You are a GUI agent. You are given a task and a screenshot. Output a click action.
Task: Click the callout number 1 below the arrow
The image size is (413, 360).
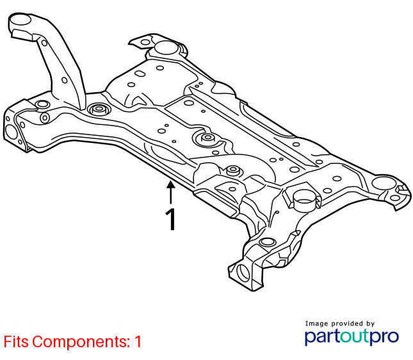171,219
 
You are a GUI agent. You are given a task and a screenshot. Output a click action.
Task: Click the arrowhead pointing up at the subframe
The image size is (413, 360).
171,184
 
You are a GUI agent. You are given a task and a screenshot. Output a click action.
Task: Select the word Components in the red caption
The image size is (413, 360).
80,342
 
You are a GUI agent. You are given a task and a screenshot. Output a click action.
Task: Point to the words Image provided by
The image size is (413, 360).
340,323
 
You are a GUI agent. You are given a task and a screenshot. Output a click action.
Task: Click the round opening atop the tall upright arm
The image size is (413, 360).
20,20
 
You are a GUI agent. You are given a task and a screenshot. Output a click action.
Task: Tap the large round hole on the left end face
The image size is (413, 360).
11,132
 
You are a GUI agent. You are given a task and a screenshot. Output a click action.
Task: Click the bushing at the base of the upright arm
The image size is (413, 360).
97,110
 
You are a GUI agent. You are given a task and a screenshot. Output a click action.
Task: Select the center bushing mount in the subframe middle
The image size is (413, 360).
208,138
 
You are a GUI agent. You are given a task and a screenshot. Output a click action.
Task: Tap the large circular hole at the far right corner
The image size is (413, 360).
384,183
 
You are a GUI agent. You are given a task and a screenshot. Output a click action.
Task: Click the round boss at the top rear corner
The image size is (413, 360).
166,47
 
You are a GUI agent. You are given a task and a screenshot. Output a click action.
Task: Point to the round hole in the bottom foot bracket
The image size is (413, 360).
243,273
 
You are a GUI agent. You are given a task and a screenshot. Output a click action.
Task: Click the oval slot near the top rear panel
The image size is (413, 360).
140,73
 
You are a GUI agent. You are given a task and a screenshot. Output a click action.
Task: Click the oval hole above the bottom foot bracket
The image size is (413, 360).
268,242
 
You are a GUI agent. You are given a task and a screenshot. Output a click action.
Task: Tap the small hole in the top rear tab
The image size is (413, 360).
145,42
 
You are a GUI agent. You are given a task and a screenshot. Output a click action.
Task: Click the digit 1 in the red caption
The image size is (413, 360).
138,341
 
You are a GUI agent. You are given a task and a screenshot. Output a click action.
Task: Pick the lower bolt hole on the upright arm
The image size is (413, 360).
65,80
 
